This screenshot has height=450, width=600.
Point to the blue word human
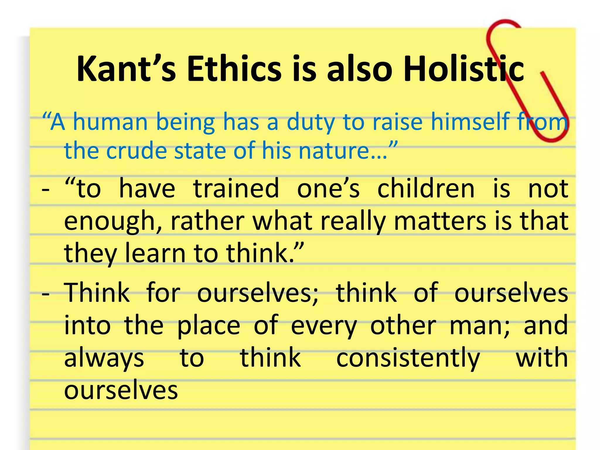pyautogui.click(x=110, y=122)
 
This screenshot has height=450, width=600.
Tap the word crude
pyautogui.click(x=136, y=151)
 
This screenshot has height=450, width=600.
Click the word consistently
pyautogui.click(x=408, y=358)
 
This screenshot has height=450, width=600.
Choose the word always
pyautogui.click(x=104, y=358)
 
